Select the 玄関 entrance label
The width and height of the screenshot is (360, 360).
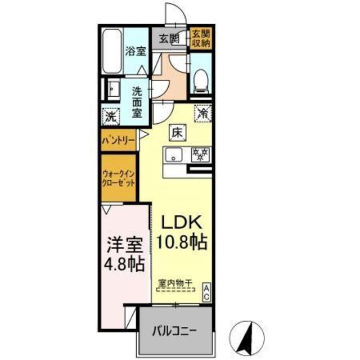(168, 39)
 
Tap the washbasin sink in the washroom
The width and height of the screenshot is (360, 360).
(111, 90)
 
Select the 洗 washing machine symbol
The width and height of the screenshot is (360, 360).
(111, 118)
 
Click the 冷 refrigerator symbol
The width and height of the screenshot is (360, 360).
(202, 112)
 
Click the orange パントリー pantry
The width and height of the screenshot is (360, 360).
(118, 140)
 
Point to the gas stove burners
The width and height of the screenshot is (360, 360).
(201, 153)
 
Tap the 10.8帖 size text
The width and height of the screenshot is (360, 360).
(183, 243)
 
